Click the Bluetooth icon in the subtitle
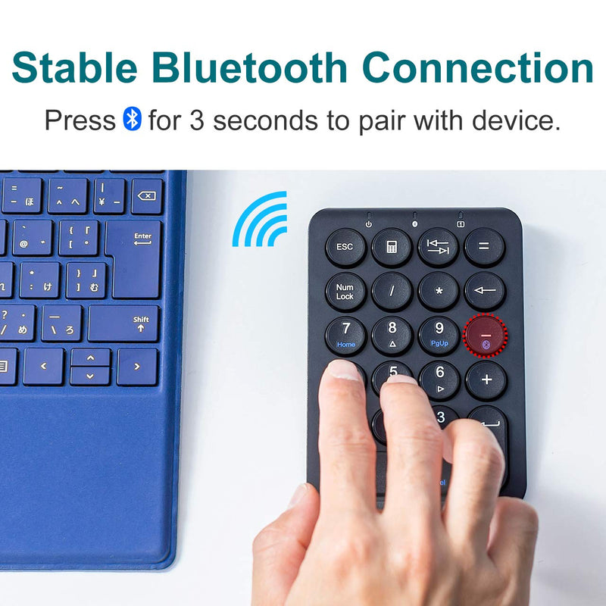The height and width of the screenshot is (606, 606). [132, 119]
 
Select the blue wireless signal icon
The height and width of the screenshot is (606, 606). [261, 220]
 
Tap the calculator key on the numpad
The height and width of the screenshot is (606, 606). [392, 247]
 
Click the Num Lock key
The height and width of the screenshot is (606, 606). [345, 292]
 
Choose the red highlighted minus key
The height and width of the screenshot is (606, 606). [485, 336]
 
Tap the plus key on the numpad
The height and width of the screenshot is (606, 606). [486, 380]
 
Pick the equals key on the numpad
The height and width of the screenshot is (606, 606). [484, 247]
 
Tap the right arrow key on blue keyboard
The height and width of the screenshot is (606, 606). [138, 367]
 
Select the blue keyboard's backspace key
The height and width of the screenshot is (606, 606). [147, 196]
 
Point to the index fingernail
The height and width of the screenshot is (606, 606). [345, 370]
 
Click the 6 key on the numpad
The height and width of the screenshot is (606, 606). [439, 376]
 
